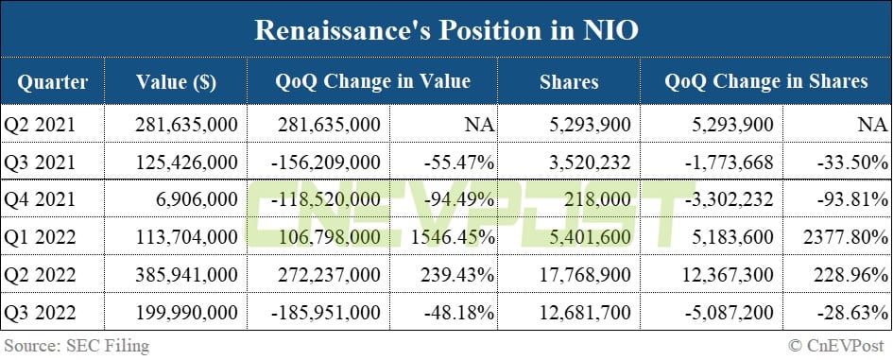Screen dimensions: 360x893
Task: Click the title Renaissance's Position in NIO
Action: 446,30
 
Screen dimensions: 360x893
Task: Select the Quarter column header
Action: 52,82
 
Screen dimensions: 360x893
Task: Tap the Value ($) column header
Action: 176,82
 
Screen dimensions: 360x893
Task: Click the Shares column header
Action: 568,82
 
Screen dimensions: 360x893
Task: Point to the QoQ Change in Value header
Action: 372,82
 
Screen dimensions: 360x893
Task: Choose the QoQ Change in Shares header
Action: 765,82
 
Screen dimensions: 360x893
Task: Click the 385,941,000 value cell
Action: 186,275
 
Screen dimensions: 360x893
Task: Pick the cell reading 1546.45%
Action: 454,237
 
